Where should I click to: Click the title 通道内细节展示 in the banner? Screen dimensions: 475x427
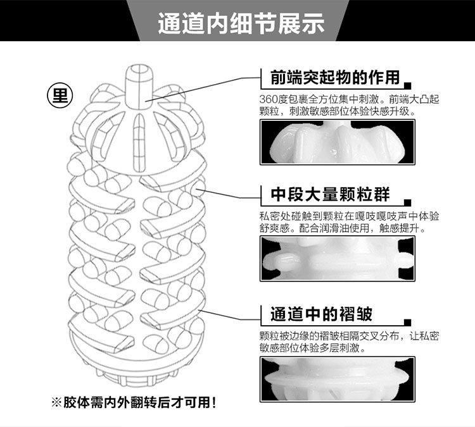(x=241, y=23)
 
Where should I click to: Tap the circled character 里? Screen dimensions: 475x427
(x=60, y=96)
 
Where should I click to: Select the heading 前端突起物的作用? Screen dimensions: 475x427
(x=335, y=77)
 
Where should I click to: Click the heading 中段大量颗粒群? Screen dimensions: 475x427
(x=330, y=194)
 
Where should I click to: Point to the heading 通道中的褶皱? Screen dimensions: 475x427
(x=321, y=314)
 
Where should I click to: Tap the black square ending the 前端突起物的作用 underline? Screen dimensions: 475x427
(x=408, y=85)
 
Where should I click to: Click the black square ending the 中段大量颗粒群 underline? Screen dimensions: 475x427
(x=408, y=202)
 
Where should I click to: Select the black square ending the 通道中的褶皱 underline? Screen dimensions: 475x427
(x=408, y=322)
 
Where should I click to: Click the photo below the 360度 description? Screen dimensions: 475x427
(x=338, y=142)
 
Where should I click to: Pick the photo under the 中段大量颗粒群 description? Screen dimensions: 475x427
(x=338, y=259)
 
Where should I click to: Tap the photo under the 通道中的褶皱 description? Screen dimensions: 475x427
(x=338, y=379)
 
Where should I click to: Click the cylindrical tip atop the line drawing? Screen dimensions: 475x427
(x=139, y=86)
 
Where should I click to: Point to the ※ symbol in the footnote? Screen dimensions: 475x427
(x=56, y=402)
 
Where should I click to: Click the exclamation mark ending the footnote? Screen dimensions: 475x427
(x=214, y=402)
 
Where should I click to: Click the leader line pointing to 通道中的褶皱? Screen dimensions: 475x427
(x=229, y=315)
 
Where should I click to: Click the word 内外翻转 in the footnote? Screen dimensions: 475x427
(x=131, y=402)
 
